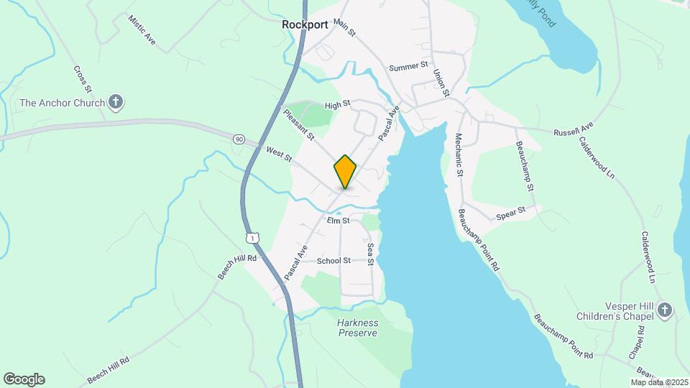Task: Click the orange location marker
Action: click(345, 171)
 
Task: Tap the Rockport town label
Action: click(305, 24)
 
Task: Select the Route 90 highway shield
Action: click(238, 139)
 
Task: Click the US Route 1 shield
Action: click(251, 236)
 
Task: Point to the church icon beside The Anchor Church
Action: click(116, 103)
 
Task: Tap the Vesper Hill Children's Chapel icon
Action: click(665, 310)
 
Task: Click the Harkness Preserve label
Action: click(357, 328)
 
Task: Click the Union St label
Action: click(441, 83)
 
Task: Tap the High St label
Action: click(336, 105)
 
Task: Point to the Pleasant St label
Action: click(298, 124)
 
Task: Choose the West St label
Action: click(278, 153)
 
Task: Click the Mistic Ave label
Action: click(142, 28)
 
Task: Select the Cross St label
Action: click(82, 79)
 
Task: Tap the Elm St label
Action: click(337, 220)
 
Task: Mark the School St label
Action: click(333, 261)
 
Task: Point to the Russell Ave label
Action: click(573, 129)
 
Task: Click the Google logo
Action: click(24, 379)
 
